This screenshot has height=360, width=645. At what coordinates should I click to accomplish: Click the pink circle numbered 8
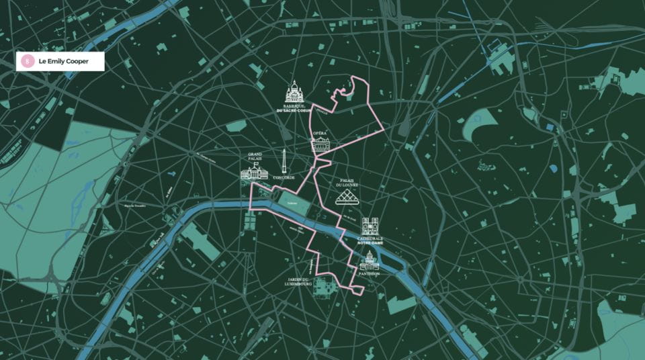28,61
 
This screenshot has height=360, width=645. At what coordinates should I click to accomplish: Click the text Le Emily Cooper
63,61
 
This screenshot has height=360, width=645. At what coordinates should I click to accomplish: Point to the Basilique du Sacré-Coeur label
294,107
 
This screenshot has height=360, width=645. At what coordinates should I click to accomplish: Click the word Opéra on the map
320,134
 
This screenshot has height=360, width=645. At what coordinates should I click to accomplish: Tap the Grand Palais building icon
254,172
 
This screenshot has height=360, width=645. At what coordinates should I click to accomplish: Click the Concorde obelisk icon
284,161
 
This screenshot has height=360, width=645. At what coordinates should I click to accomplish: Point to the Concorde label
284,177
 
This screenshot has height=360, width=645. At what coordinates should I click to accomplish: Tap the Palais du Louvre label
348,183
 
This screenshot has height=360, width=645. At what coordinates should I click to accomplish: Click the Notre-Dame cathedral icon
371,226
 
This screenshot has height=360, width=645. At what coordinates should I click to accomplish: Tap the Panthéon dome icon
370,260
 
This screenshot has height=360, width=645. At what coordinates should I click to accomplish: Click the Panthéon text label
370,273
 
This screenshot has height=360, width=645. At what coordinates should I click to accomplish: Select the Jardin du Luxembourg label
296,281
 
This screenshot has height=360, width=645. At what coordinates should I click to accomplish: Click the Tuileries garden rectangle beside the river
291,201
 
